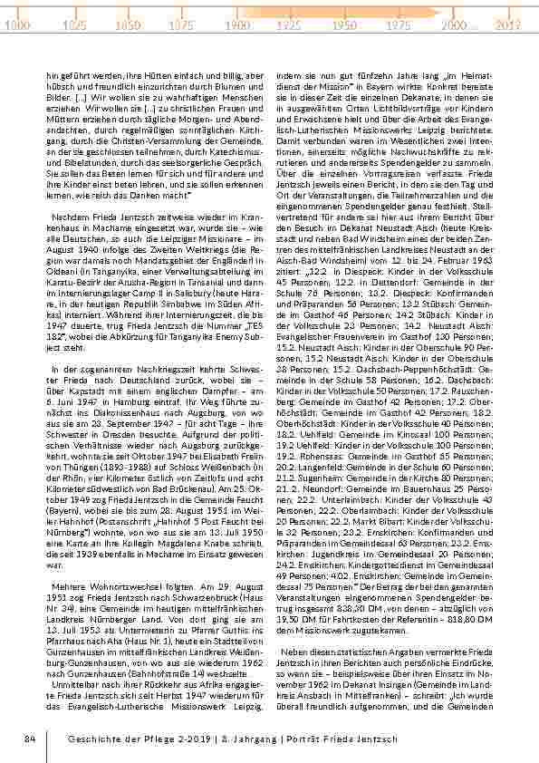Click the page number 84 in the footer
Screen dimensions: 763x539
pos(29,739)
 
